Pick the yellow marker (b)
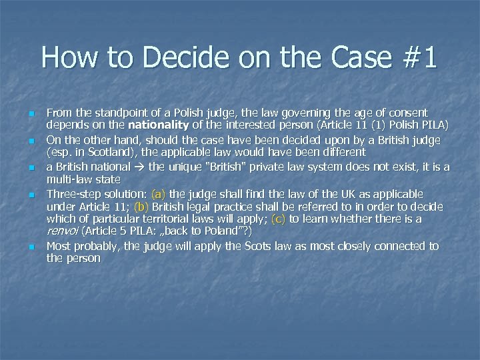141,207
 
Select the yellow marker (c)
279,219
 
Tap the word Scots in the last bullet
257,246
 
